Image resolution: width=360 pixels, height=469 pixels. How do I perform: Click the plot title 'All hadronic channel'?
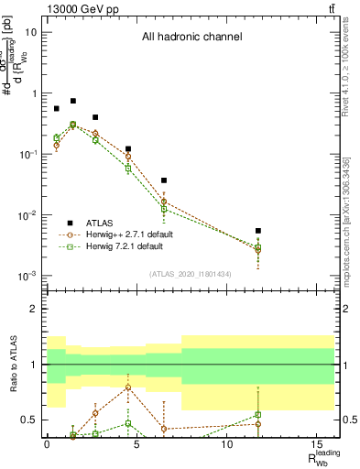coord(191,38)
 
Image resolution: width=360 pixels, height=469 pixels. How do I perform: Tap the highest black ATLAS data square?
coord(73,101)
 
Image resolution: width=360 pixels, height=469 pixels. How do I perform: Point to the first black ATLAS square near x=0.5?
coord(56,108)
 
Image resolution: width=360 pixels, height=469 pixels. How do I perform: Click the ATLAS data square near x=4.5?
coord(128,148)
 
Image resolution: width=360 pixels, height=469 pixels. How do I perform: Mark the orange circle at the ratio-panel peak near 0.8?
coord(128,387)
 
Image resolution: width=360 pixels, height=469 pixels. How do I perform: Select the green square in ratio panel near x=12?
coord(258,415)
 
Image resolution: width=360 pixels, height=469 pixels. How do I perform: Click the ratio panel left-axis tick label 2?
coord(36,309)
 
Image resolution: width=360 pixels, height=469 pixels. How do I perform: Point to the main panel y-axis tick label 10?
coord(33,32)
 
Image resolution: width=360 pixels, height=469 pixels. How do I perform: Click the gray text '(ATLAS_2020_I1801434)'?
coord(191,274)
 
